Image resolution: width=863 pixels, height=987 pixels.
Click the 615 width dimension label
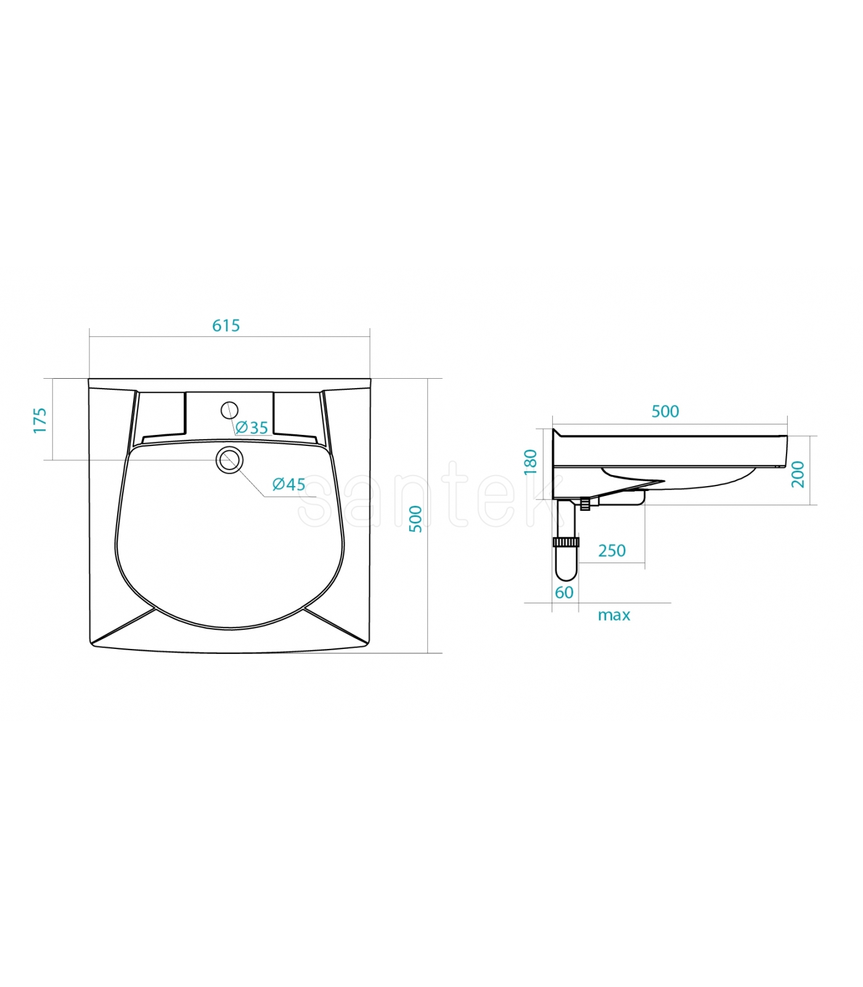[x=226, y=326]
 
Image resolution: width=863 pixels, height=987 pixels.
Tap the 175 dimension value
[x=40, y=420]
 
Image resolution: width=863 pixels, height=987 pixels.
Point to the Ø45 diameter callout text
[x=289, y=484]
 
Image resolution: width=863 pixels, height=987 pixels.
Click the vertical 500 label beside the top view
[x=417, y=519]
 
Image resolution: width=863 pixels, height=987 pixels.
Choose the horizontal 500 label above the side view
[x=665, y=411]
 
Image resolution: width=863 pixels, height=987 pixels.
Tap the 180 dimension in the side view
[x=530, y=462]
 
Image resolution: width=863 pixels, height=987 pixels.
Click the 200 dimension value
[x=798, y=474]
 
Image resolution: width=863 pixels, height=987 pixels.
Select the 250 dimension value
[x=612, y=551]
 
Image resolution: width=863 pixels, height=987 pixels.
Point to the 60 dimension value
[x=565, y=593]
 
